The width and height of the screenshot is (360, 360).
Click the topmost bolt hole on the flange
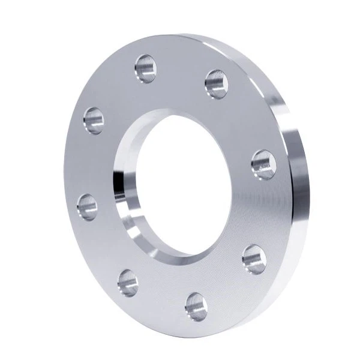(x=146, y=68)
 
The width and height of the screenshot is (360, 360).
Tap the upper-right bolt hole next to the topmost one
(x=216, y=83)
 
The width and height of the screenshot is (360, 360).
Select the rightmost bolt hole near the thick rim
(x=263, y=164)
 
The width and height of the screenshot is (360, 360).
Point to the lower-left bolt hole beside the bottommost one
(x=128, y=282)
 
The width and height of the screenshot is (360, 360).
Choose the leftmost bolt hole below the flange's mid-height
(x=88, y=207)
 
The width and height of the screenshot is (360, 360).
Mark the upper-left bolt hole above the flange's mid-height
(x=94, y=121)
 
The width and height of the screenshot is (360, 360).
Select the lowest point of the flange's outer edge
(x=186, y=337)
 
